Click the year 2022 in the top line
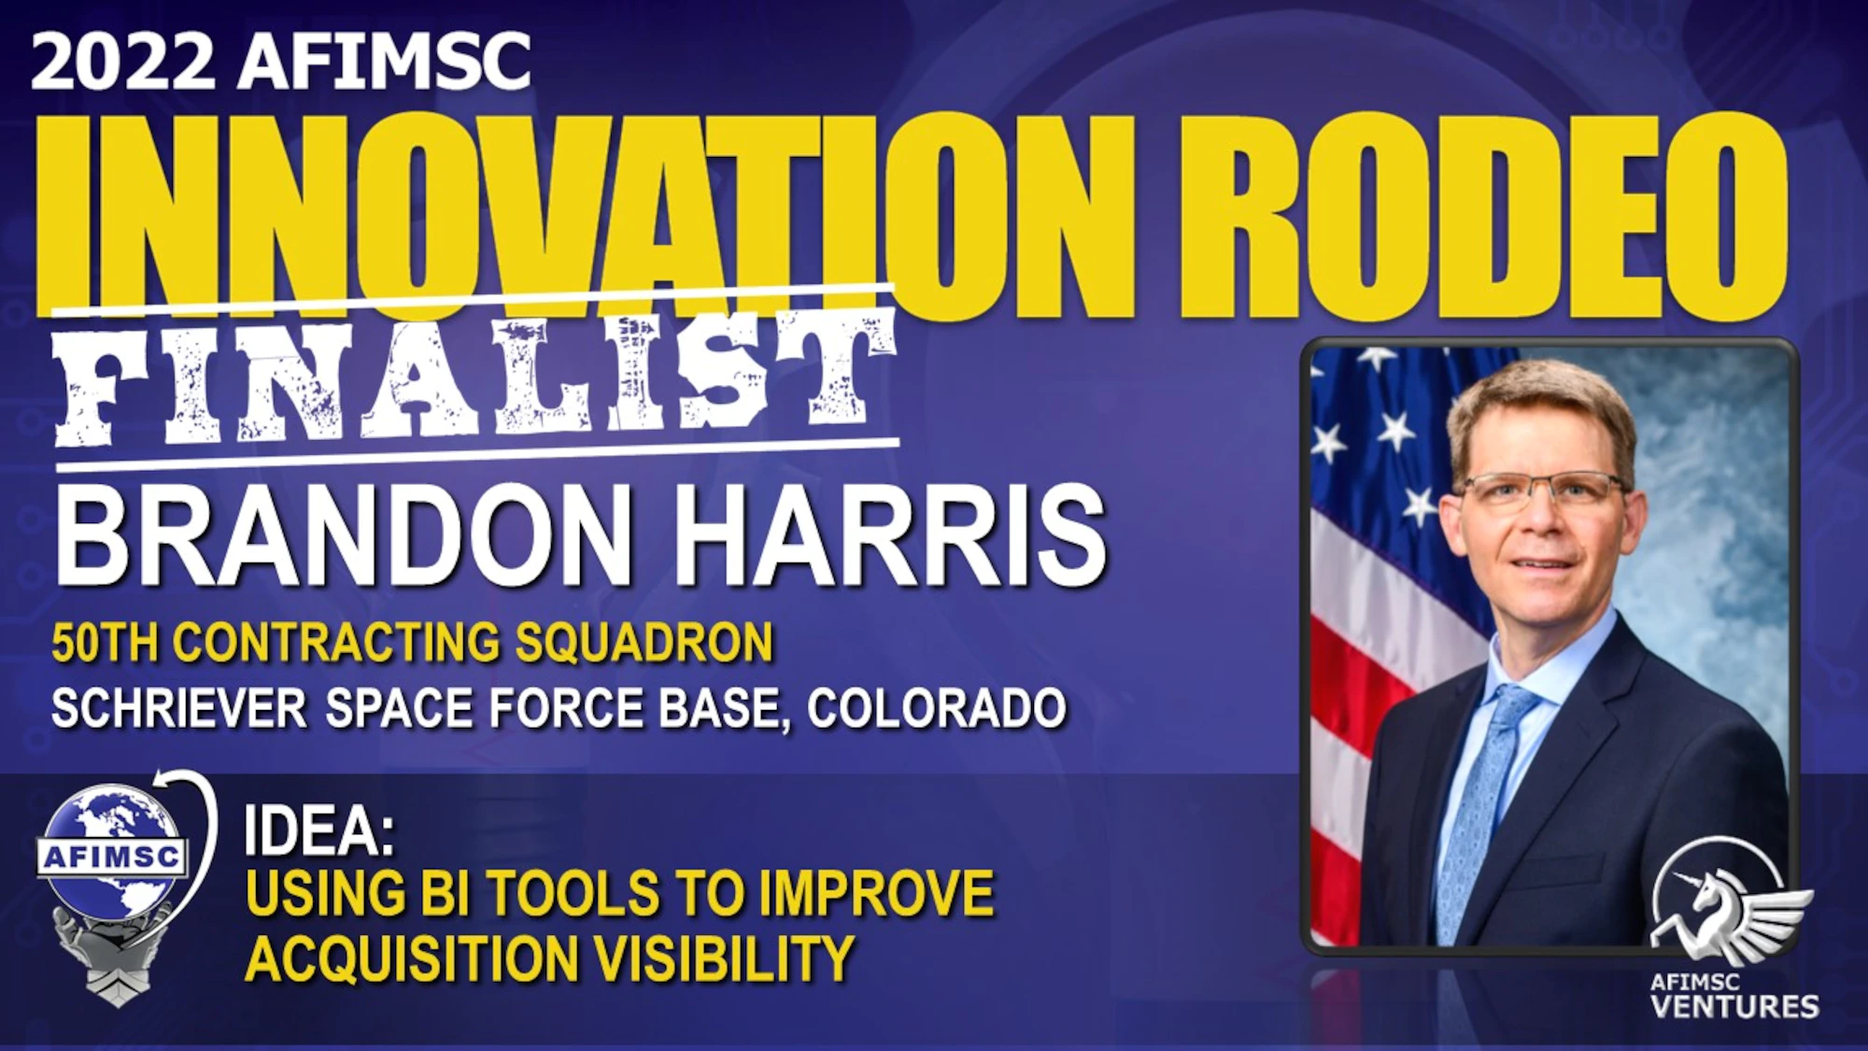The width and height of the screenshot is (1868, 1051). coord(122,62)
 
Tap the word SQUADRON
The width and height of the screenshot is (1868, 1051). coord(644,643)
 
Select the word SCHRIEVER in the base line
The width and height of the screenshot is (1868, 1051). coord(178,707)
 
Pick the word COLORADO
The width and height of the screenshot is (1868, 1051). coord(936,707)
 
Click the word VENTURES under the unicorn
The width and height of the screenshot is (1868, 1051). coord(1734,1006)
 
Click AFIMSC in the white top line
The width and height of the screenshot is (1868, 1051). coord(384,62)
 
